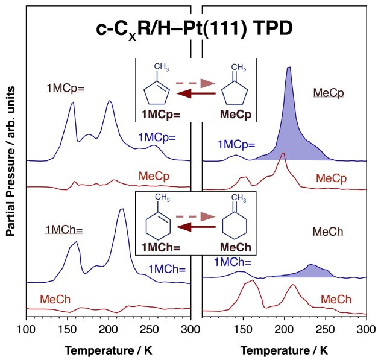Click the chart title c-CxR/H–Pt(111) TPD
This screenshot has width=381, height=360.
point(194,30)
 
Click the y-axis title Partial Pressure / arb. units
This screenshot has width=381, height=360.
point(11,161)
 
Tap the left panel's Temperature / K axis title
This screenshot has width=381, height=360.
point(109,350)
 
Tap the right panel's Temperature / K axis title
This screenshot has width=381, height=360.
point(284,350)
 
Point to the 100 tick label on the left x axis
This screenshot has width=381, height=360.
point(27,330)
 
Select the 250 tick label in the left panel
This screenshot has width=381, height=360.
point(150,330)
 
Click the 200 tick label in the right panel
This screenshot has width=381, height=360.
point(284,330)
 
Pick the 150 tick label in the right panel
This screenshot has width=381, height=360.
point(243,330)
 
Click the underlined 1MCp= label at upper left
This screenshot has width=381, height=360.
point(65,88)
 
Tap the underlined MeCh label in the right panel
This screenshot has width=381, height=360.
point(328,232)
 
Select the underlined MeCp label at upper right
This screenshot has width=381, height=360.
point(329,93)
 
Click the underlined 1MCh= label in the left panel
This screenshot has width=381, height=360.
point(64,230)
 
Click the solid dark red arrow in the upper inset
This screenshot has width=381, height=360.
point(196,93)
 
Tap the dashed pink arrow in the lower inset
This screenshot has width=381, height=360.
point(195,216)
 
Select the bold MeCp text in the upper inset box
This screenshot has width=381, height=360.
point(236,114)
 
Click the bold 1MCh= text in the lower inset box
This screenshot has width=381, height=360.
point(161,248)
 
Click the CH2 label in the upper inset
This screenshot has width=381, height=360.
point(239,68)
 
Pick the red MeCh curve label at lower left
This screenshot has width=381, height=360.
point(55,299)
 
